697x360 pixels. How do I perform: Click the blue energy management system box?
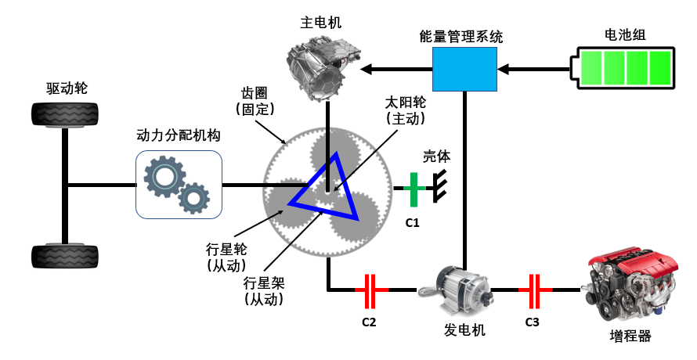(464, 70)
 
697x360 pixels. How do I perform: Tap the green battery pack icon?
(623, 68)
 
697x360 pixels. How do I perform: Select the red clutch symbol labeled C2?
(370, 291)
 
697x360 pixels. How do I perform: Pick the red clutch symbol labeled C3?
(535, 291)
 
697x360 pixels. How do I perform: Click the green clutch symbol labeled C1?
(414, 189)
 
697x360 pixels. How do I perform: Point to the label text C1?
(412, 222)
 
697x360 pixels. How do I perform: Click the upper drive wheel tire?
(65, 115)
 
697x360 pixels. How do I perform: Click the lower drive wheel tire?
(65, 256)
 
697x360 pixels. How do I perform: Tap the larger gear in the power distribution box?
(164, 176)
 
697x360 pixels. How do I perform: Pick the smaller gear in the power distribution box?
(193, 198)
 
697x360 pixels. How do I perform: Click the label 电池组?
(625, 34)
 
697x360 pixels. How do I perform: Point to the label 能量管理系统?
(461, 37)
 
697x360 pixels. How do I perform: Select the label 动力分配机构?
(179, 135)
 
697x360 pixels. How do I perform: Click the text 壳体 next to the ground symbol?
(436, 157)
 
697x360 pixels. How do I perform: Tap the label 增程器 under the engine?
(630, 336)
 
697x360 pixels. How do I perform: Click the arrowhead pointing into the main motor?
(367, 70)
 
